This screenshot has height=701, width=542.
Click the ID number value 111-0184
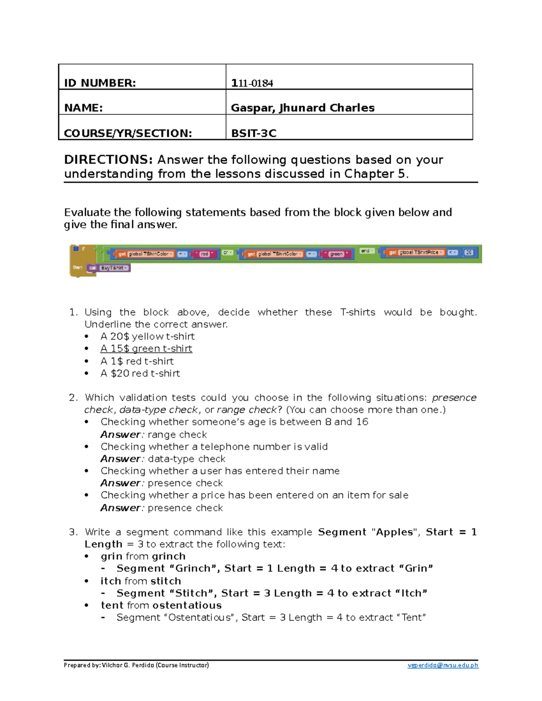click(252, 83)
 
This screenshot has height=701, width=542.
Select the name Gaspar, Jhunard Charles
click(302, 108)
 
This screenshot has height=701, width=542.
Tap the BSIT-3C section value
click(253, 133)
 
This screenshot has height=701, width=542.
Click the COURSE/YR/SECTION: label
click(128, 133)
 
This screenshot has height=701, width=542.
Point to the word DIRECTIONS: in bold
click(108, 160)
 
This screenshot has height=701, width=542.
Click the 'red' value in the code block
click(205, 254)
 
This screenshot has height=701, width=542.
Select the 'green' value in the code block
click(336, 254)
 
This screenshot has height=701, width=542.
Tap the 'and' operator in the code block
click(365, 251)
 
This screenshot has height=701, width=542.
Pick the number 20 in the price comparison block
click(469, 252)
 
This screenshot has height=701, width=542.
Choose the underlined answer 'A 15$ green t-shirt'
click(146, 348)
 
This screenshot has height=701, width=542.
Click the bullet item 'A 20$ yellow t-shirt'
click(147, 336)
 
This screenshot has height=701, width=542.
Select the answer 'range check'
click(177, 434)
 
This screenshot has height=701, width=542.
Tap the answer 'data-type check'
click(187, 459)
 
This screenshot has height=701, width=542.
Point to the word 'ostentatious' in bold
click(187, 605)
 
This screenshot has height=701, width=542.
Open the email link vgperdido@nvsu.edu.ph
click(443, 665)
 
